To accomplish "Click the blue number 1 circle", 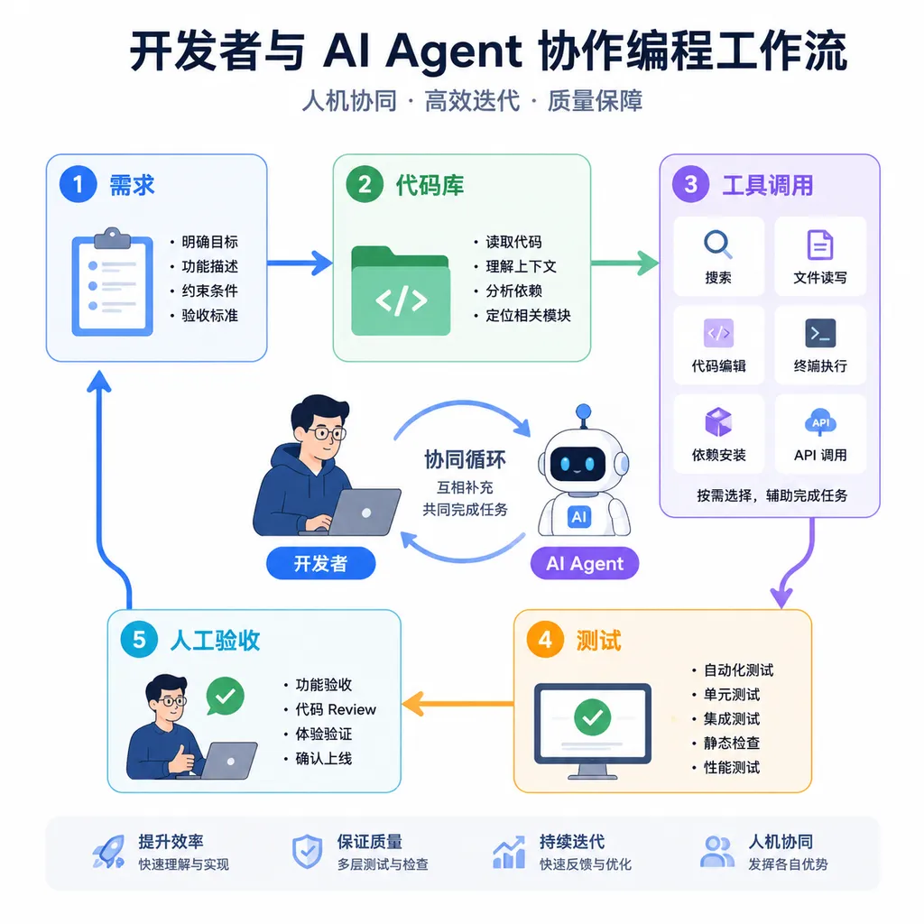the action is tap(78, 184).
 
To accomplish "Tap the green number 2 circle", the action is tap(365, 184).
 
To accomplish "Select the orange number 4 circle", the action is tap(545, 640).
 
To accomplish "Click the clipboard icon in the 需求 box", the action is tap(113, 282).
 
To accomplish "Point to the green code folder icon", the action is tap(401, 291).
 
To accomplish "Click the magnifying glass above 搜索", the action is tap(718, 244).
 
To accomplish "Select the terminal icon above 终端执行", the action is tap(820, 333).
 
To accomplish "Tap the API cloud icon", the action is tap(820, 422).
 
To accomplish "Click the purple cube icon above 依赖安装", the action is tap(718, 422).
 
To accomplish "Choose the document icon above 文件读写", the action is tap(819, 245).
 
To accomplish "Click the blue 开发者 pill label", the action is tap(320, 563).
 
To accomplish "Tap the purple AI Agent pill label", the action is tap(585, 563).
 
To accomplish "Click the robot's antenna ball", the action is tap(584, 411).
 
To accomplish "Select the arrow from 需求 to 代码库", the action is tap(300, 263).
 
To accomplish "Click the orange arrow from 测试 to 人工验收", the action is tap(457, 703).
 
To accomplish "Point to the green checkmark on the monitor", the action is tap(592, 717).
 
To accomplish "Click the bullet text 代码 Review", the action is tap(336, 709).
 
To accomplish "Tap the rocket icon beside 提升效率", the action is tap(109, 852).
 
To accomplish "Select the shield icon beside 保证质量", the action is tap(307, 852).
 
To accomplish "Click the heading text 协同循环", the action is tap(465, 459).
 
